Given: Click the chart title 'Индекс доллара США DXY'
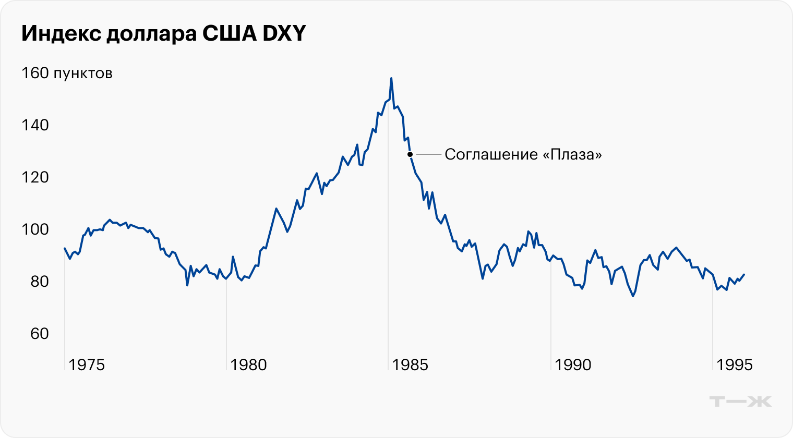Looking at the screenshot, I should coord(163,34).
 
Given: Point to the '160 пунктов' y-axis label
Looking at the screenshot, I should coord(67,73).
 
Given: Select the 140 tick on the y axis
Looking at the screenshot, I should coord(35,125).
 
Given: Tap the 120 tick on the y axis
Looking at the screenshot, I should coord(35,177).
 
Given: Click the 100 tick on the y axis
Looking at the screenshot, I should coord(35,229).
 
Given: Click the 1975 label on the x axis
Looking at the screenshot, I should coord(87,365).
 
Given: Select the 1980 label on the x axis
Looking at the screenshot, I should coord(248,365).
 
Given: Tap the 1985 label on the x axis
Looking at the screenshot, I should coord(410,365).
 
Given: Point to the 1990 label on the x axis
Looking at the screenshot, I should coord(573,365).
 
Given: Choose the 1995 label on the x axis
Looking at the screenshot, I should coord(735,365).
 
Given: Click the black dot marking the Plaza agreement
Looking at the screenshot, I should coord(410,154).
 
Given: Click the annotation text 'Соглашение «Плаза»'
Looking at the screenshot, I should coord(523,154).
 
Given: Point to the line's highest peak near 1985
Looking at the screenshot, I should coord(391,78).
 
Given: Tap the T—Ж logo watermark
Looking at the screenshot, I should coord(740,401).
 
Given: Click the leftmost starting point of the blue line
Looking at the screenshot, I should coord(65,248).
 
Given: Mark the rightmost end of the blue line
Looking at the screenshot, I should coord(744,274).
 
